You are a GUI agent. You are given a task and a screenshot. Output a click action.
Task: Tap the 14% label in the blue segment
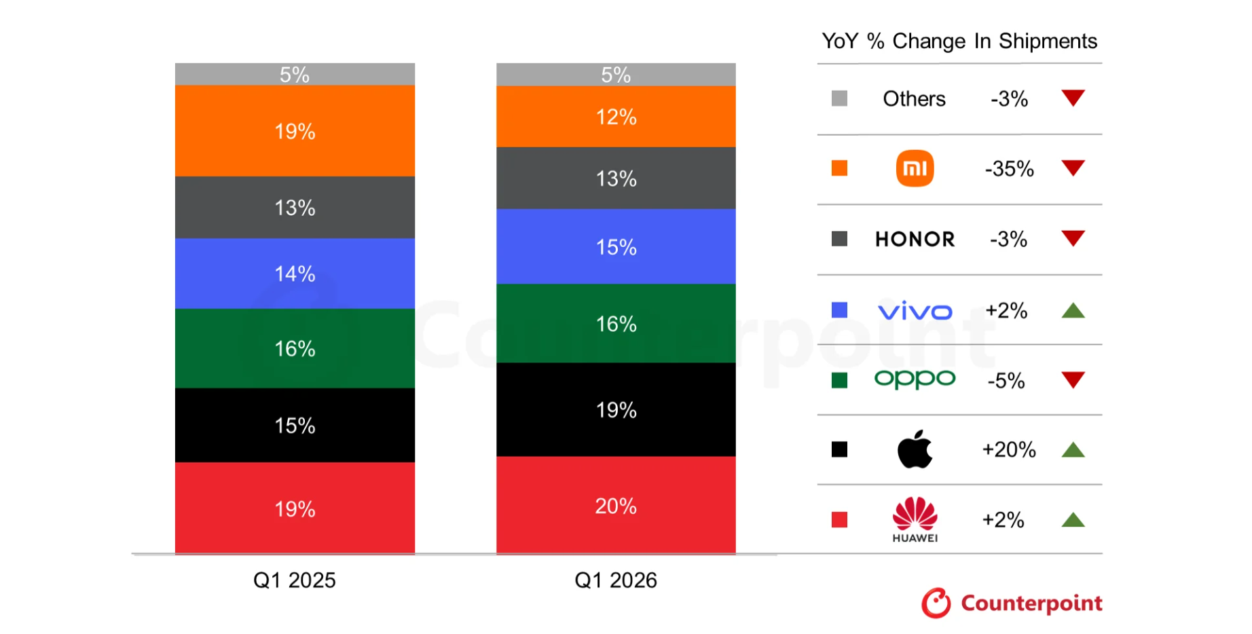(x=295, y=274)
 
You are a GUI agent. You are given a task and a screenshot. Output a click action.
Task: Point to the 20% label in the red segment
(x=615, y=506)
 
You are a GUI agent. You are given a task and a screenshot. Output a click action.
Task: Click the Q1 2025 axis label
(x=294, y=580)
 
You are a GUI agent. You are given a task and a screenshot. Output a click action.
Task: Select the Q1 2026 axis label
(x=615, y=580)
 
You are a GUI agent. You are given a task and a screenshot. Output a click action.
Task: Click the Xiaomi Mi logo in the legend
(x=915, y=168)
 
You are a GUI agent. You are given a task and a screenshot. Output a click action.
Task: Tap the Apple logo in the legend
(x=915, y=449)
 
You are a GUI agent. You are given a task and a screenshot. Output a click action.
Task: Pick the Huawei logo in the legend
(x=915, y=519)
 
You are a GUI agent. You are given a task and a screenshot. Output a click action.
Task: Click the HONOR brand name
(x=915, y=239)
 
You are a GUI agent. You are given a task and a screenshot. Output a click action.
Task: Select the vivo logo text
(x=915, y=311)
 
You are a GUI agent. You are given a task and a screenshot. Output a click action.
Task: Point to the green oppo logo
(x=915, y=379)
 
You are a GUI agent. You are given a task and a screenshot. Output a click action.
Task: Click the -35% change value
(x=1009, y=168)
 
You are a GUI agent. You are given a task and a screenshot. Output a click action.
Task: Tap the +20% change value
(x=1009, y=449)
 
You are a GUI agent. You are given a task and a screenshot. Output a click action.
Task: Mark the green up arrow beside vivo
(x=1073, y=312)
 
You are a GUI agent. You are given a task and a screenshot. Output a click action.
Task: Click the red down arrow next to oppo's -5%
(x=1073, y=379)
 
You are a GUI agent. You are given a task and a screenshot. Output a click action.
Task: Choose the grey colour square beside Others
(x=839, y=98)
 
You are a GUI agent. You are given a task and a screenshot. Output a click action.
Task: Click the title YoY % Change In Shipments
(x=959, y=41)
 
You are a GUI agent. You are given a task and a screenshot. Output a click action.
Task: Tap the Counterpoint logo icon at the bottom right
(x=936, y=603)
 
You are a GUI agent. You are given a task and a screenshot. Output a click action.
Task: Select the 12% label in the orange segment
(x=615, y=117)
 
